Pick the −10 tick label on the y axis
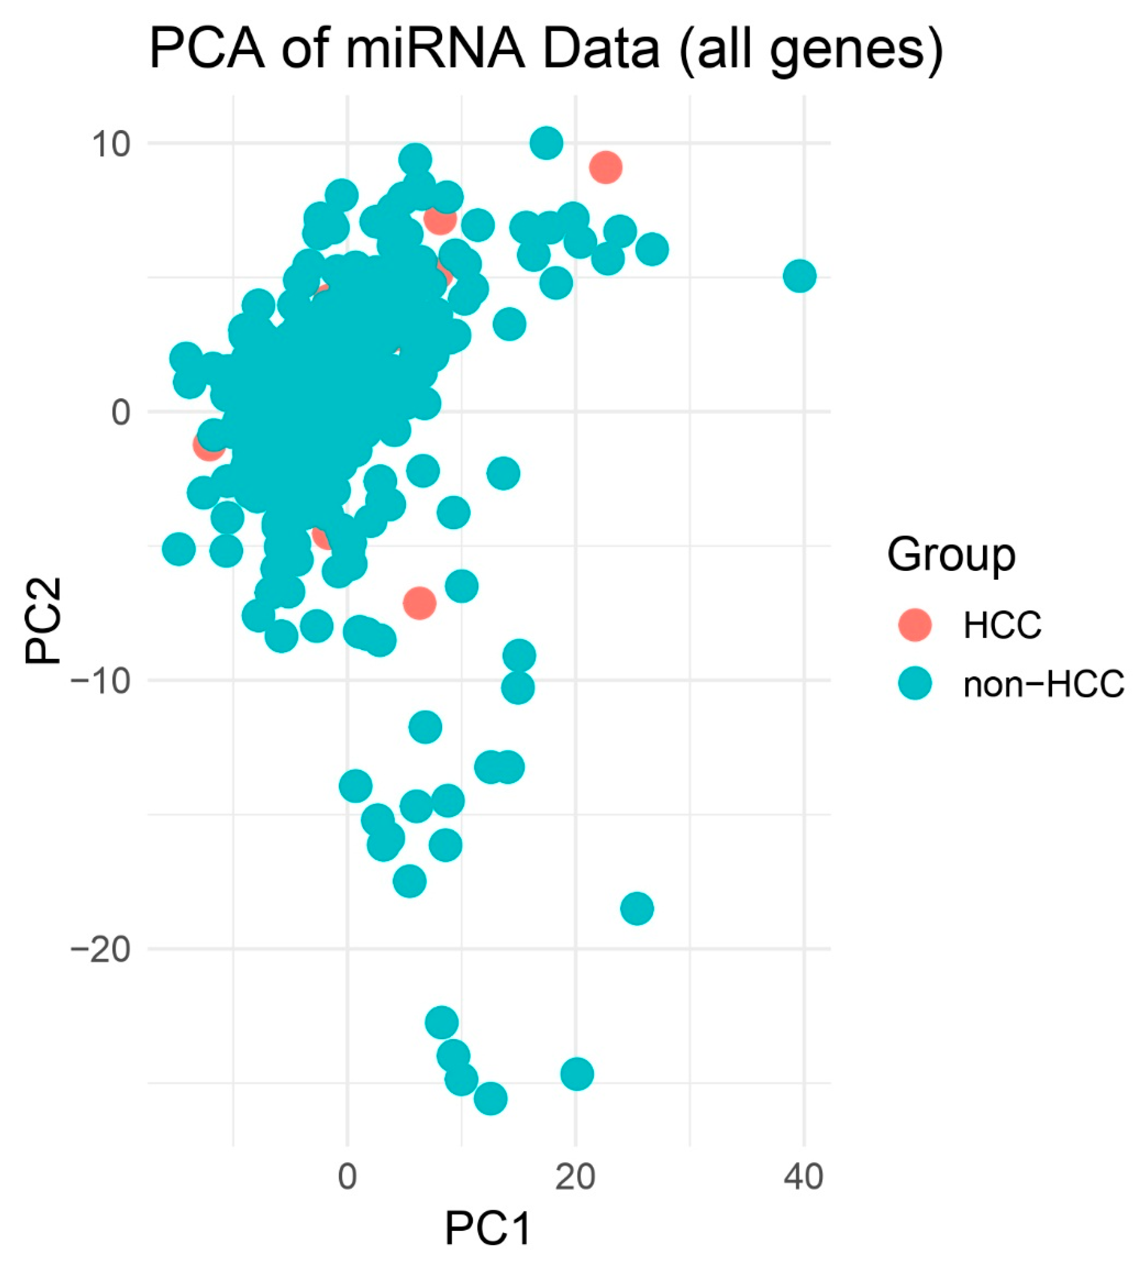pyautogui.click(x=100, y=680)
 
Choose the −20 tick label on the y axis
pyautogui.click(x=100, y=949)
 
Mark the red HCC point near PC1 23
pyautogui.click(x=605, y=167)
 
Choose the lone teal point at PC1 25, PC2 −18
pyautogui.click(x=637, y=908)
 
